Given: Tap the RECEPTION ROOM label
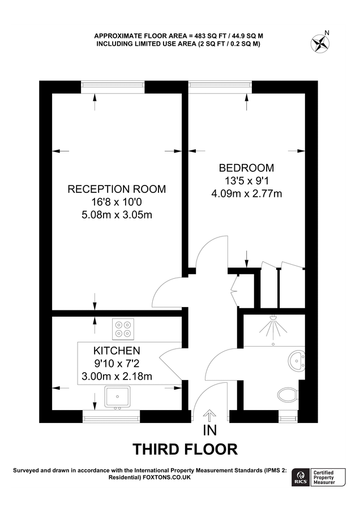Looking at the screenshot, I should pyautogui.click(x=117, y=189).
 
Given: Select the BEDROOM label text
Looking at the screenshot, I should pyautogui.click(x=246, y=168).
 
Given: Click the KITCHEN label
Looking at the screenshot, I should pyautogui.click(x=117, y=351).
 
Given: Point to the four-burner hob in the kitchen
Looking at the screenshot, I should pyautogui.click(x=124, y=328).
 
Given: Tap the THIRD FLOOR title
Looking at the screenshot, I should pyautogui.click(x=185, y=450).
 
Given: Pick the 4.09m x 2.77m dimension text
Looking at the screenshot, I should pyautogui.click(x=246, y=194).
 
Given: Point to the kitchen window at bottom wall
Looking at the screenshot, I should pyautogui.click(x=111, y=418).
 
